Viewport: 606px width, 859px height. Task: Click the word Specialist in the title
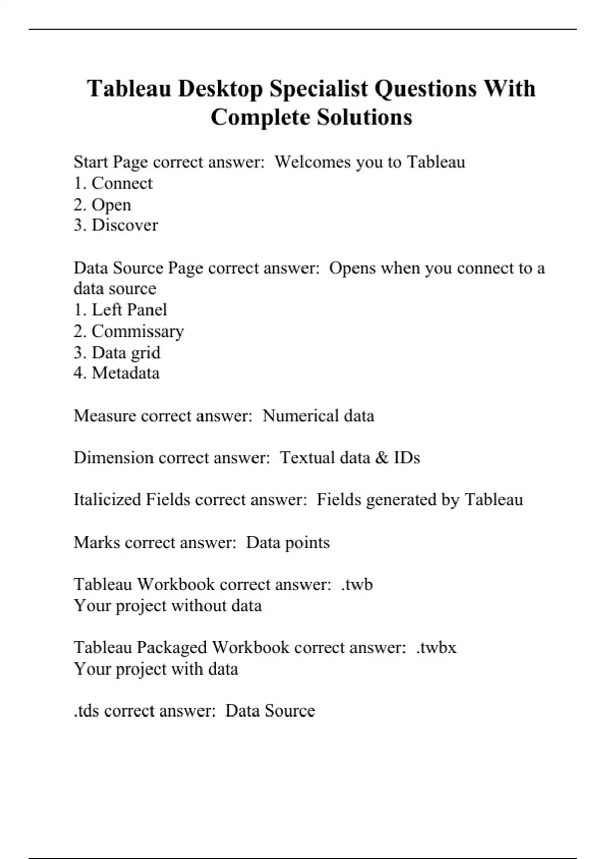tap(318, 89)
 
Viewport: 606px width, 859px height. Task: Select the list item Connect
tap(122, 183)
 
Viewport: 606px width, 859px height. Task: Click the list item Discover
tap(124, 225)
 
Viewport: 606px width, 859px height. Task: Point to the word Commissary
tap(137, 331)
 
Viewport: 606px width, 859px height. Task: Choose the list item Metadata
tap(125, 373)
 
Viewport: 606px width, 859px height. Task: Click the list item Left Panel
tap(129, 310)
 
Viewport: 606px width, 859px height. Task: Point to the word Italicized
tap(107, 500)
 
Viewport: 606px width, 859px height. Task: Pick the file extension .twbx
tap(436, 648)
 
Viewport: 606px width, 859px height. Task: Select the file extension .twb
tap(357, 585)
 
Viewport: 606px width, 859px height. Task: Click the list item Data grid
tap(126, 353)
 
